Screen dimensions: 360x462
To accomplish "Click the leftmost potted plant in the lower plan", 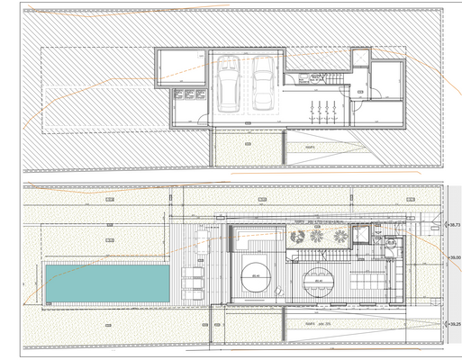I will tap(296, 238).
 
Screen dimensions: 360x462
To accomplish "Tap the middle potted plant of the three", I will tap(316, 238).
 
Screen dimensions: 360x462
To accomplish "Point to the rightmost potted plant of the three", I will tap(340, 238).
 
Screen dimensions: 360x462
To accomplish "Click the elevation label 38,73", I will tap(454, 226).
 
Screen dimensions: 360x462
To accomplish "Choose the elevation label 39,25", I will tap(454, 325).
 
